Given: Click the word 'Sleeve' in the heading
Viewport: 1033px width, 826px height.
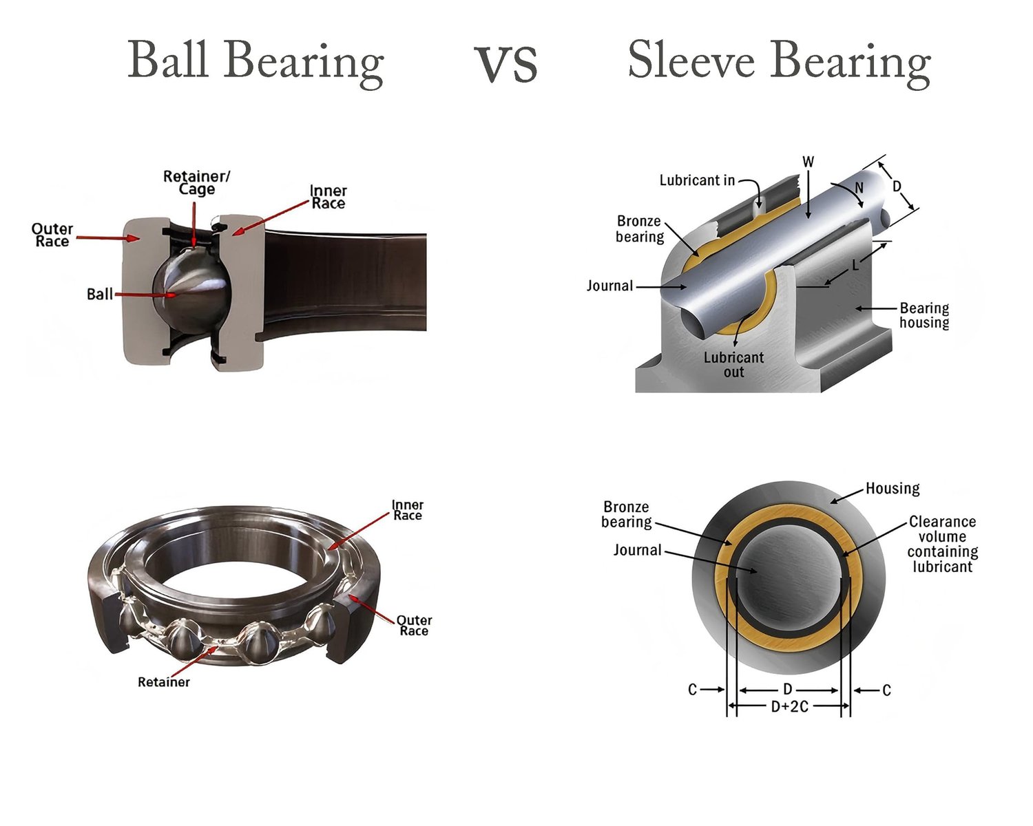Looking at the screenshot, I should (x=691, y=61).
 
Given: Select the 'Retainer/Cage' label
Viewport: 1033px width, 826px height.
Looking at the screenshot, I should (x=196, y=183).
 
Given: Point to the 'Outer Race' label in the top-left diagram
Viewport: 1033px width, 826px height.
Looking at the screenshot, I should (x=52, y=235).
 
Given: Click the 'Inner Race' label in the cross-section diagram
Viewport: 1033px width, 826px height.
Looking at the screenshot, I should (x=328, y=197).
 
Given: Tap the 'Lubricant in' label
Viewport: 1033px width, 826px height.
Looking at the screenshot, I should (x=697, y=181).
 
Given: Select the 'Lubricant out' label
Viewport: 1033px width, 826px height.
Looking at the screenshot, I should (x=733, y=365).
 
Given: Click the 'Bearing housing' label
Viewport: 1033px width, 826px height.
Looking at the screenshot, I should (x=924, y=315).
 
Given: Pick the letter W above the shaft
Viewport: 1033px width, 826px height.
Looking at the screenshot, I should (x=808, y=162).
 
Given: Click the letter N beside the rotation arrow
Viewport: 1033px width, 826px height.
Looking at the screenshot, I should (x=859, y=188).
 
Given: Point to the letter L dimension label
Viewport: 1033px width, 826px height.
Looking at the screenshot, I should (x=855, y=265).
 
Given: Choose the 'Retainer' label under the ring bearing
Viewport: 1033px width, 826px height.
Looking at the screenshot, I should (x=163, y=682).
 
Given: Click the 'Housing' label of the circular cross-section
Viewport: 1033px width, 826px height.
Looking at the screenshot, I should (x=893, y=489).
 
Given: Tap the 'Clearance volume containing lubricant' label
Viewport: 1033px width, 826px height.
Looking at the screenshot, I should (x=942, y=544).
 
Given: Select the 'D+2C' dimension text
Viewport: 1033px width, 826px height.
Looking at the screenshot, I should (x=789, y=707).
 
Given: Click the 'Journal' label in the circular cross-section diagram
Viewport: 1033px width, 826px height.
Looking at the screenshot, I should (x=637, y=550).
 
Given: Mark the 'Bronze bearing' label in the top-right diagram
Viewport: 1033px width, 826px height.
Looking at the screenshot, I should (x=640, y=229).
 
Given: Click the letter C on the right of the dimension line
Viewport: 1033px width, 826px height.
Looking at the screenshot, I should (x=886, y=690).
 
